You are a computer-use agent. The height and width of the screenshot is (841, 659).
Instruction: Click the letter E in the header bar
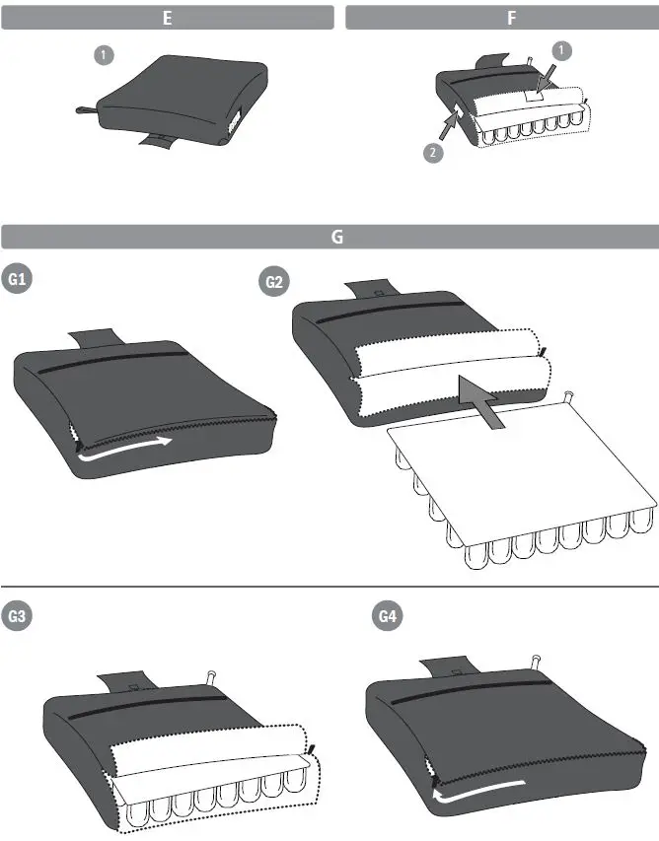click(167, 18)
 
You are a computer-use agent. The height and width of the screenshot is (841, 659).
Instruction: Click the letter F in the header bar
click(511, 18)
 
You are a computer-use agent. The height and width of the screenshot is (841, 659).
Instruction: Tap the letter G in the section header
click(337, 237)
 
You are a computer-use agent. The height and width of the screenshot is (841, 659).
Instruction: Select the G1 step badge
click(17, 280)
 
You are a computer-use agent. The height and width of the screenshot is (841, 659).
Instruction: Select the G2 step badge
click(275, 283)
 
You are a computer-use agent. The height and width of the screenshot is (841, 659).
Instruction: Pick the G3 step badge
click(17, 617)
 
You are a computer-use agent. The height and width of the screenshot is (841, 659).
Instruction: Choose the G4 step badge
click(388, 617)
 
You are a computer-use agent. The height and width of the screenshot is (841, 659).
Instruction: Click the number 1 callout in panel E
click(103, 55)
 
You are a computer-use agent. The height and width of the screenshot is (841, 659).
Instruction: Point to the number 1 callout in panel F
click(560, 49)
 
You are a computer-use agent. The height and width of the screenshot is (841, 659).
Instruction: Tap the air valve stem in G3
click(210, 677)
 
